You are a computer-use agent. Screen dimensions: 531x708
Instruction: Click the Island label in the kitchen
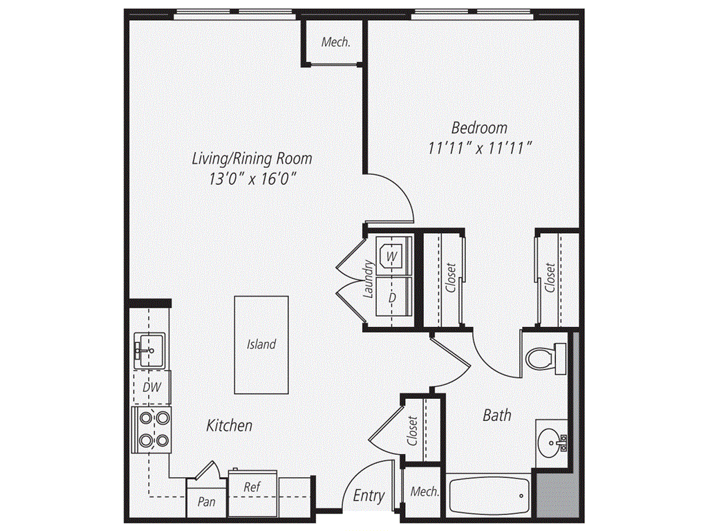coord(261,344)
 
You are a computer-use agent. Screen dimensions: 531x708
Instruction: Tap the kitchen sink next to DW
coord(149,351)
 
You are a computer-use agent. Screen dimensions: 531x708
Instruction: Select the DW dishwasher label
coord(151,388)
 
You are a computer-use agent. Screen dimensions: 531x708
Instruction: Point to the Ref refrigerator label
coord(252,487)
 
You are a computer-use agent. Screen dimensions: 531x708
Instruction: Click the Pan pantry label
coord(206,502)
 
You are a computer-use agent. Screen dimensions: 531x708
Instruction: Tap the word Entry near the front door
coord(369,496)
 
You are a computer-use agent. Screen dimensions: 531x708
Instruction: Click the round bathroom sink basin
coord(552,440)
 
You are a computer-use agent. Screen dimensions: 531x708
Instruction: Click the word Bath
coord(497,416)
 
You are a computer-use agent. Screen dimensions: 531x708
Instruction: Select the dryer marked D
coord(392,297)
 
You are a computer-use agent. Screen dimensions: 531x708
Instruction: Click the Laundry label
coord(369,279)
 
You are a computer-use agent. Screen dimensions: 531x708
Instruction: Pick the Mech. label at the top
coord(336,41)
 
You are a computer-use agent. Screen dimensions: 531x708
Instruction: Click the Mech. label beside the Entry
coord(425,492)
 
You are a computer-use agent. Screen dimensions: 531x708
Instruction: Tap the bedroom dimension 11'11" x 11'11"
coord(479,147)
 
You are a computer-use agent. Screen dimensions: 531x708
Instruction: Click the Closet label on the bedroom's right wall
coord(550,278)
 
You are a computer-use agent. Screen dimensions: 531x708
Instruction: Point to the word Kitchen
coord(230,426)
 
